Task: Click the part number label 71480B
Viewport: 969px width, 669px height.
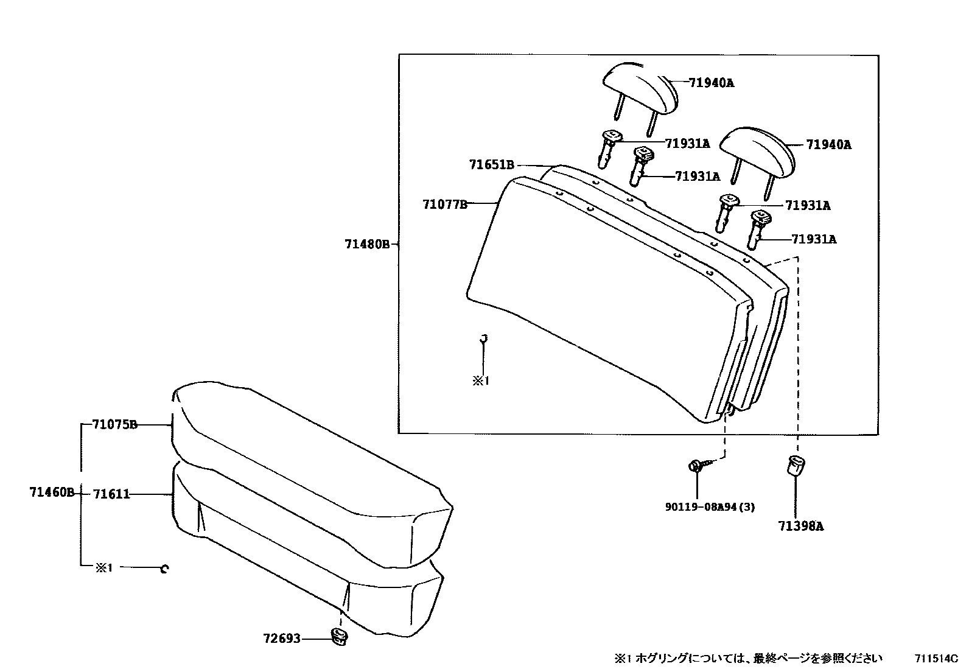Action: (366, 244)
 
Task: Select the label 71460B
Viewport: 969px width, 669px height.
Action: (51, 492)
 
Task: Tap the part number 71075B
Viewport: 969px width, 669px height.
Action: (114, 424)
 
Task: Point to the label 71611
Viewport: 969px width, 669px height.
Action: (111, 494)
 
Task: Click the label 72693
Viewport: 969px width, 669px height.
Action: (282, 639)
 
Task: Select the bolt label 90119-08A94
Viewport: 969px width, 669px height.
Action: (710, 506)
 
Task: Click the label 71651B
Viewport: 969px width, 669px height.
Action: (491, 164)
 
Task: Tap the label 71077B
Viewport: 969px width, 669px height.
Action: (445, 205)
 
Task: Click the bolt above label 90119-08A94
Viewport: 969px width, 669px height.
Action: (697, 466)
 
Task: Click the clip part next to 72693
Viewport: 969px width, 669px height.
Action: (338, 636)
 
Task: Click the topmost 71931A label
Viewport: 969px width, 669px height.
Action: (687, 144)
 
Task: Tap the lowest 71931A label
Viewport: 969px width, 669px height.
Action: (813, 239)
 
